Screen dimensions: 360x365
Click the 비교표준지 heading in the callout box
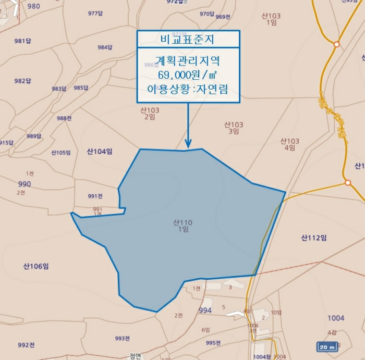tap(188, 39)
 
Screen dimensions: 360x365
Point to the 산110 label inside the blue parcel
tap(183, 223)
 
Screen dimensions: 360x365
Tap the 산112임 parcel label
tap(314, 238)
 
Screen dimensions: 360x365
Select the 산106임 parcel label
tap(36, 266)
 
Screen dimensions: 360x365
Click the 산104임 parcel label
tap(100, 152)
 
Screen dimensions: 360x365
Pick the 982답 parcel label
tap(23, 81)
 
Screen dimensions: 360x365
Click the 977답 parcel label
tap(95, 13)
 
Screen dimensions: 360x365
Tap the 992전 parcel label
tap(26, 345)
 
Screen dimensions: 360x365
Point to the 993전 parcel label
tap(122, 338)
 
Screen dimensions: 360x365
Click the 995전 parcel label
tap(214, 342)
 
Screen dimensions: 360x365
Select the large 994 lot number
tap(205, 311)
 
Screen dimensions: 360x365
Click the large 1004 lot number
tap(336, 318)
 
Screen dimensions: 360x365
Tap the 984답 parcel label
tap(105, 47)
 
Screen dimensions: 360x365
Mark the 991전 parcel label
tap(95, 196)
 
